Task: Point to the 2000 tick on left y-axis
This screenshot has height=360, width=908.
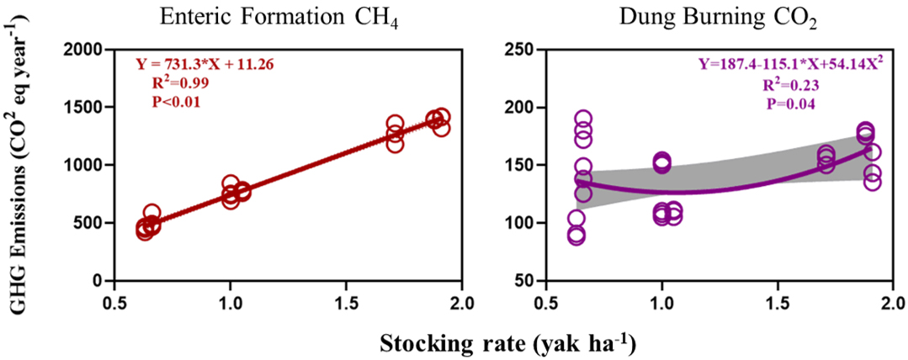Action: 83,50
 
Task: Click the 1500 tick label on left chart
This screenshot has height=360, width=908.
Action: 83,108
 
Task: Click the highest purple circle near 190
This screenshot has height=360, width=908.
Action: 583,119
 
